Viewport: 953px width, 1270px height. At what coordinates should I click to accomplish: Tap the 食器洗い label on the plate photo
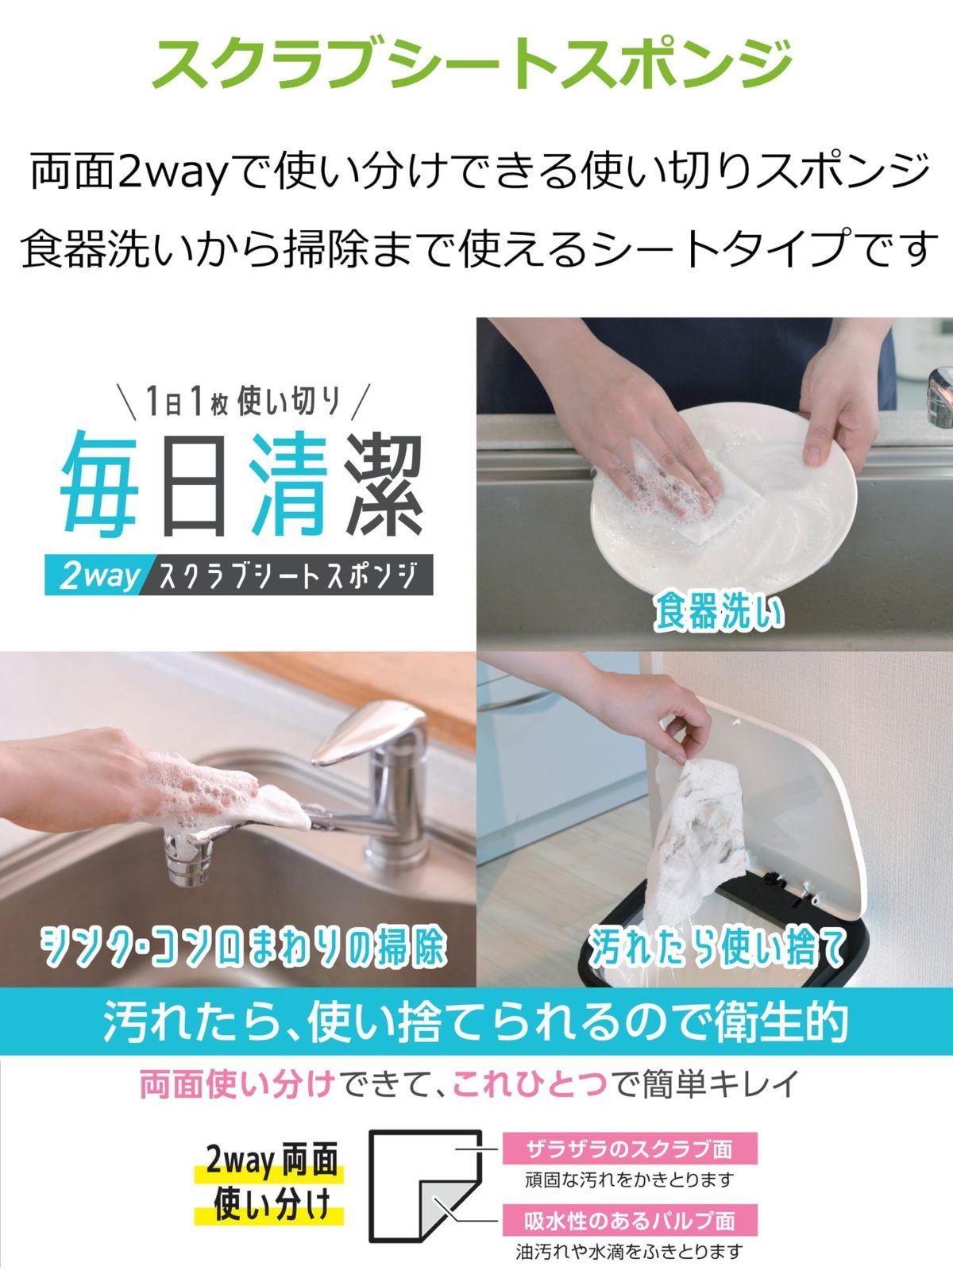pos(719,613)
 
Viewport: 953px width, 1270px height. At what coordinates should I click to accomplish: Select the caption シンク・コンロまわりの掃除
pos(243,946)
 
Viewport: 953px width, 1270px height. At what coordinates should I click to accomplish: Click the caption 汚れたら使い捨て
pos(716,946)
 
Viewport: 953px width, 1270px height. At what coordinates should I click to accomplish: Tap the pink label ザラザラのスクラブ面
pos(629,1149)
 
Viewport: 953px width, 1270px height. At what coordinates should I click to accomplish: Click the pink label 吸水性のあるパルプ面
pos(629,1220)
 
